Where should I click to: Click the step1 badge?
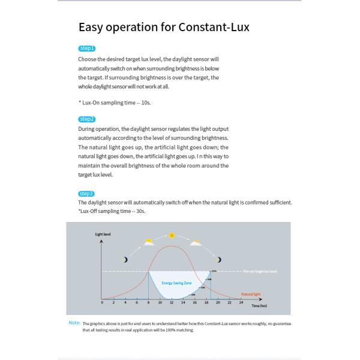point(86,48)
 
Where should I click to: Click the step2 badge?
point(86,119)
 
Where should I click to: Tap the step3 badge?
point(86,193)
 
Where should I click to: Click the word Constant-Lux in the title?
point(213,27)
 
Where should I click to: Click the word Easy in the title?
point(93,27)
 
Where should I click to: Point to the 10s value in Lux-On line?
point(146,103)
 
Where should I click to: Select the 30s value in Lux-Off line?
point(140,211)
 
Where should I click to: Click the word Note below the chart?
point(74,322)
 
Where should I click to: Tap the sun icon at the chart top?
point(172,235)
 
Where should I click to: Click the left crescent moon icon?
point(125,259)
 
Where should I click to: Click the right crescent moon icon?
point(220,259)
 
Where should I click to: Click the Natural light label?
point(250,294)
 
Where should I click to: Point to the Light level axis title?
point(103,233)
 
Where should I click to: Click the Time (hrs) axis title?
point(259,305)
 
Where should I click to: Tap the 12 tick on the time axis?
point(172,302)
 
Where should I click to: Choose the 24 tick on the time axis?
point(241,302)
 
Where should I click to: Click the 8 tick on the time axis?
point(148,302)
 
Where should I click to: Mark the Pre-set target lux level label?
point(260,271)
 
